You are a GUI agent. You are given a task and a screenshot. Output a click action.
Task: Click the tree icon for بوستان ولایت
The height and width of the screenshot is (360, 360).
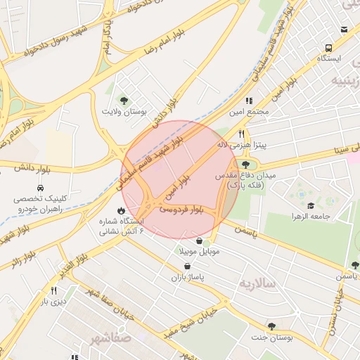coord(124,100)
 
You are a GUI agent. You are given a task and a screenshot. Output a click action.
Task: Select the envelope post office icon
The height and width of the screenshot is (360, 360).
coord(344,30)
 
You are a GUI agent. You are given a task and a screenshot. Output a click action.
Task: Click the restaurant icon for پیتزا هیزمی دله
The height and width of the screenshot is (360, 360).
coord(241,133)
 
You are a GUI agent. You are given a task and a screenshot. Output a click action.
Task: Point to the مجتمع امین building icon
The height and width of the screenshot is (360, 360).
coord(248,101)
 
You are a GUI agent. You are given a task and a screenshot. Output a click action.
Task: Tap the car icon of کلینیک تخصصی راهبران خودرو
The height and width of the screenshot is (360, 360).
coord(40,188)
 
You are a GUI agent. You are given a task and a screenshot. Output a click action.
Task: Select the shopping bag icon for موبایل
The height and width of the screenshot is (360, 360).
coord(200,240)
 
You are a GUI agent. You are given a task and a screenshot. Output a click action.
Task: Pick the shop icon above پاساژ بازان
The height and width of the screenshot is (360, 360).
coord(187,266)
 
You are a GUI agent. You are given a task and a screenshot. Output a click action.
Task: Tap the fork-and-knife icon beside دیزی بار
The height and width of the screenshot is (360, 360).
coord(53,290)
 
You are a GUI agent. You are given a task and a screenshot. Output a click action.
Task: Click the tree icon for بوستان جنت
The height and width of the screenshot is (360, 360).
coord(271,326)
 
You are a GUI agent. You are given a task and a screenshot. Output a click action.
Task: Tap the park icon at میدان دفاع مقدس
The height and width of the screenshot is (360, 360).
coord(245,164)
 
